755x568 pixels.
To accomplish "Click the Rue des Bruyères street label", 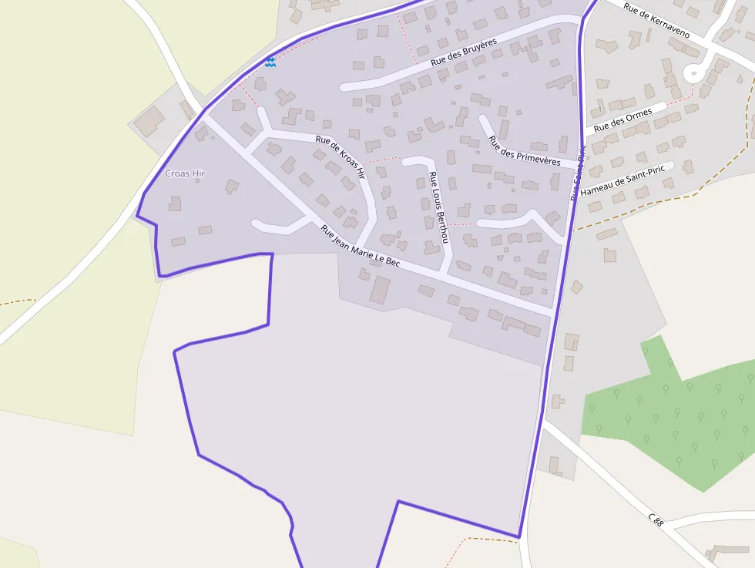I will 463,51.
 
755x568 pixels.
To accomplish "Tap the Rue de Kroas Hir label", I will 340,157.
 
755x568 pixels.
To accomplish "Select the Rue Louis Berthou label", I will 438,207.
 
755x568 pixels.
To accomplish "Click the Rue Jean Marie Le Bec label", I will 361,247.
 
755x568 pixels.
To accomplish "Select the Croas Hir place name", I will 185,173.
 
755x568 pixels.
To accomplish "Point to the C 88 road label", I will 656,521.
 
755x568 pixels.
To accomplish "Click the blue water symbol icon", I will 270,62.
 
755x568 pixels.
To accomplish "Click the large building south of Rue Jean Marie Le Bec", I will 380,290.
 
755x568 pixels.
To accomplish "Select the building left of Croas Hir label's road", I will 149,122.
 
